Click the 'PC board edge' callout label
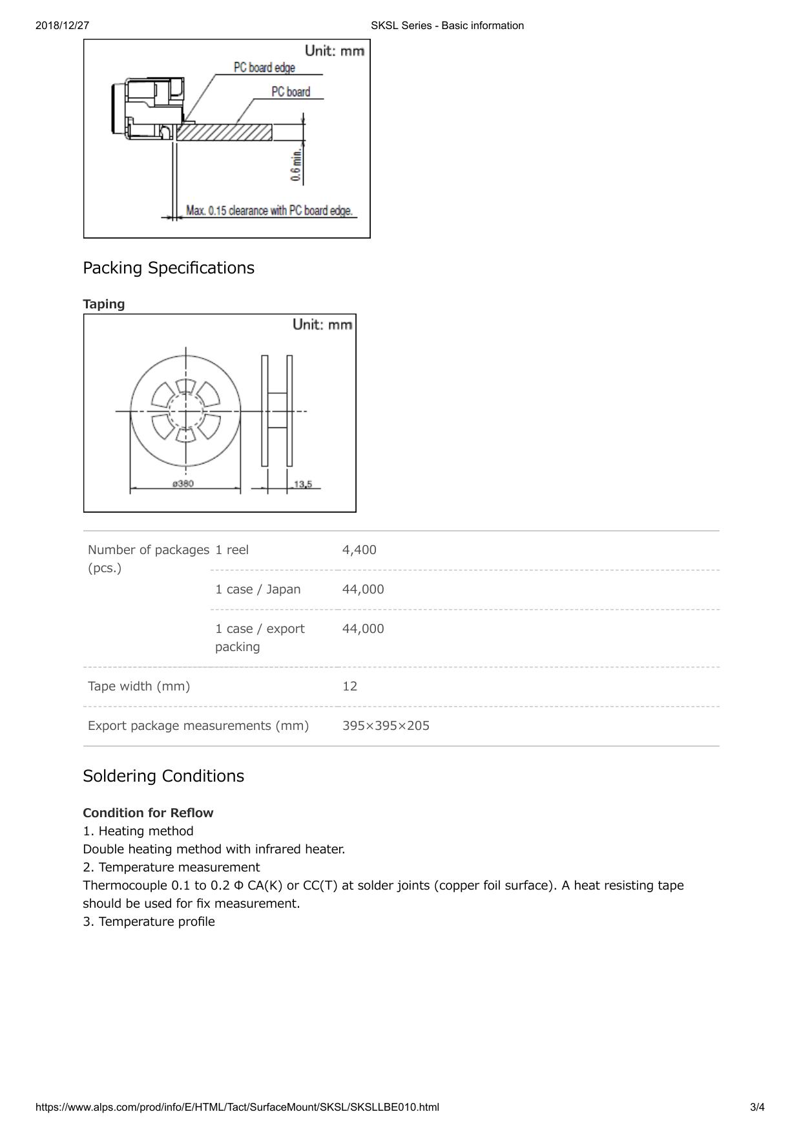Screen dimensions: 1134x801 264,68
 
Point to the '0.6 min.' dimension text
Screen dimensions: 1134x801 296,166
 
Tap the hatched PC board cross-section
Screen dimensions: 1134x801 224,133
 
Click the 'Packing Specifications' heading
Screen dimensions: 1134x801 169,268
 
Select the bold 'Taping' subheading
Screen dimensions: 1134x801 104,304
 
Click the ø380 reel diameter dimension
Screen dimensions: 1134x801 183,484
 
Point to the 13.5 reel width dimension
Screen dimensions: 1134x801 302,484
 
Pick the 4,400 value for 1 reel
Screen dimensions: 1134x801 359,550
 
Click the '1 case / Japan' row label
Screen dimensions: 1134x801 258,590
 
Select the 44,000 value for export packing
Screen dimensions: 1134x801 363,629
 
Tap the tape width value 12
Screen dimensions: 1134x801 349,687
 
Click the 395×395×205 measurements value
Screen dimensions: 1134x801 386,726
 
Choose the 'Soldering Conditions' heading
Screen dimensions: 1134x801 163,776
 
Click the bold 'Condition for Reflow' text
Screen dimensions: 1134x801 148,813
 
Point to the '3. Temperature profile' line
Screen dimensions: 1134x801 149,922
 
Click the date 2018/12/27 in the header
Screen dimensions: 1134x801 62,26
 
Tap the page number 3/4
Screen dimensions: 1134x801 757,1107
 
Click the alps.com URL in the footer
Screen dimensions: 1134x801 237,1107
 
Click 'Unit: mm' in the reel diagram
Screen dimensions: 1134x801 322,325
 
